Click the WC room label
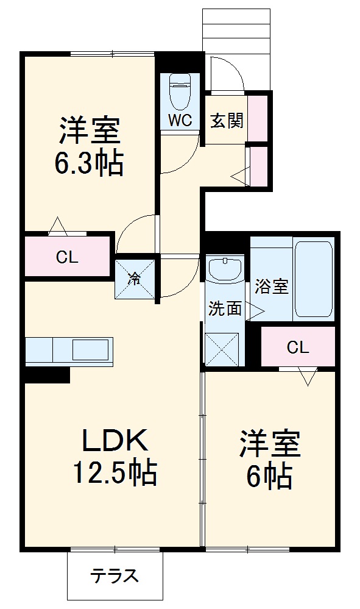[180, 120]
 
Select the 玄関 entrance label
[227, 120]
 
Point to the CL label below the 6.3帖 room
[67, 257]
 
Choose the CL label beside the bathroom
[298, 347]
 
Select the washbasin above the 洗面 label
[225, 269]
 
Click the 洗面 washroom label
[225, 308]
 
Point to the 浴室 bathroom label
[272, 287]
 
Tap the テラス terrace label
[115, 575]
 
